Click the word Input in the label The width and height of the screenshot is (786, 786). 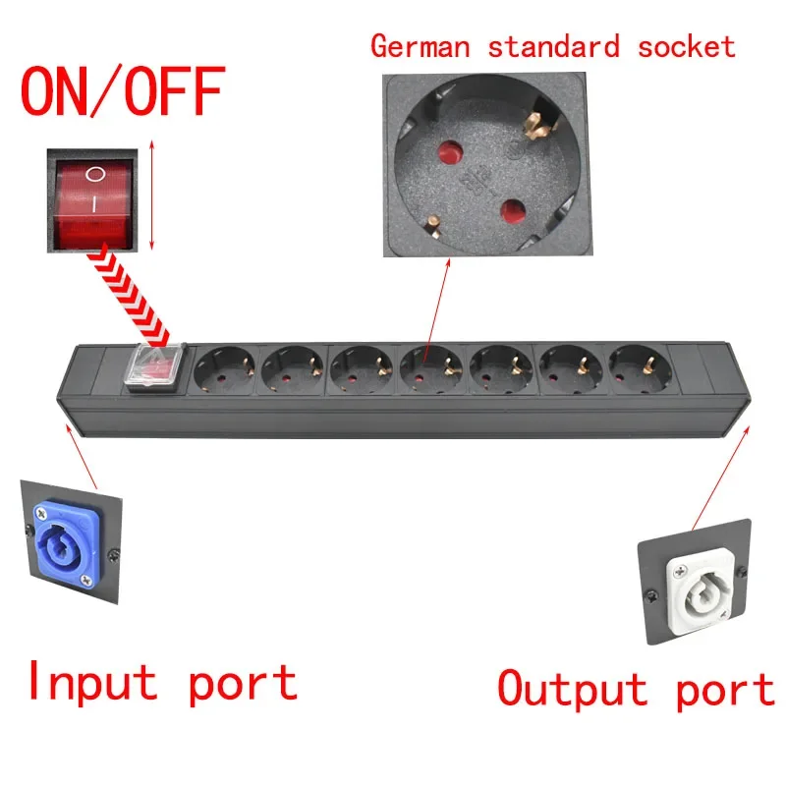pos(91,681)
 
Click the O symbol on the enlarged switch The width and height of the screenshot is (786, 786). pos(93,174)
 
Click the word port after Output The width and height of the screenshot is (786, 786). pos(724,691)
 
